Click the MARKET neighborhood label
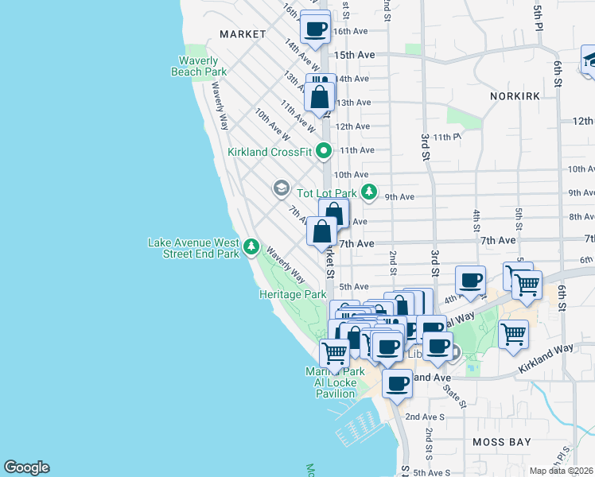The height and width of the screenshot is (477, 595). coord(243,34)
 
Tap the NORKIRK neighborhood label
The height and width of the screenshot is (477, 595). coord(516,95)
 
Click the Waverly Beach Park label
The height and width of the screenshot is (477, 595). coord(199,66)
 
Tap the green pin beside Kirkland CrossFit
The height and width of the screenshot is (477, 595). coord(324,150)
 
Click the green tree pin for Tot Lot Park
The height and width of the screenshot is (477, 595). coord(368,192)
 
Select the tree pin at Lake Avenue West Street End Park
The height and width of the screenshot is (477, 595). coord(251,247)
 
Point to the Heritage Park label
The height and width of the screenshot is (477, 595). coord(293,294)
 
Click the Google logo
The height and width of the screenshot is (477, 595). coord(26,467)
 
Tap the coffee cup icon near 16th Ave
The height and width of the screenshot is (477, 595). coord(316,28)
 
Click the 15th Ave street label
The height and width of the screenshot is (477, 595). coord(354,55)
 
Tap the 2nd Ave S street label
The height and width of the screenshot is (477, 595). coord(426,417)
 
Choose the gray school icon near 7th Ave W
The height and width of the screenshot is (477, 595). coord(280,188)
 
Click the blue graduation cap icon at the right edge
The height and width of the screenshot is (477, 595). coord(589,60)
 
